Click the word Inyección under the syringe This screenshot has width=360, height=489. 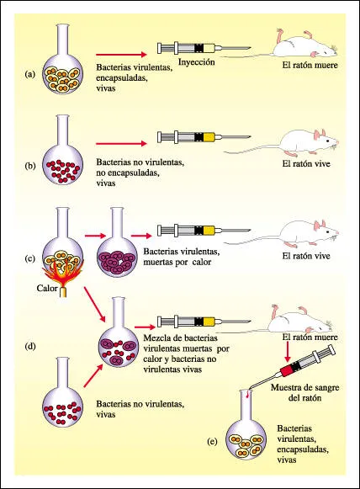tap(196, 62)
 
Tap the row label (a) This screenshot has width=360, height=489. tap(30, 74)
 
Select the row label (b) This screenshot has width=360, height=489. tap(30, 166)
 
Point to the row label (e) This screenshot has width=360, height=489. tap(212, 441)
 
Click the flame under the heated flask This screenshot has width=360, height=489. tap(62, 271)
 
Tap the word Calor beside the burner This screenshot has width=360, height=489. tap(47, 288)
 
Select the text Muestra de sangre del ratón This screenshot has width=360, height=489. tap(304, 393)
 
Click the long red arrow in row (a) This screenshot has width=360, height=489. tap(121, 55)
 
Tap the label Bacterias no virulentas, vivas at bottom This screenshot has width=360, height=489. tap(140, 409)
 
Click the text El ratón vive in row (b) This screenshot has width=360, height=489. tap(306, 164)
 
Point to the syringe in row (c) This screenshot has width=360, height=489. tap(204, 231)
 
